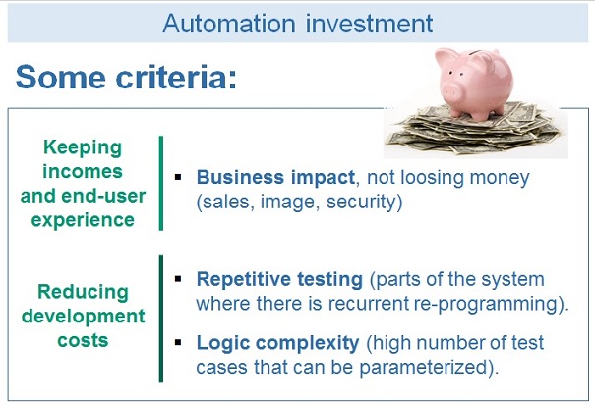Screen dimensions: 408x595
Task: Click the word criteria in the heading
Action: point(170,78)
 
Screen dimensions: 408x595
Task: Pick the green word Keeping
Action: point(83,147)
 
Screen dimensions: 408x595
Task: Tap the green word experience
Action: point(83,218)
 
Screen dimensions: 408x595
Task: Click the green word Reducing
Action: point(83,292)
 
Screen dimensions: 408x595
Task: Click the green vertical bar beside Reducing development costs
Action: point(160,317)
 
